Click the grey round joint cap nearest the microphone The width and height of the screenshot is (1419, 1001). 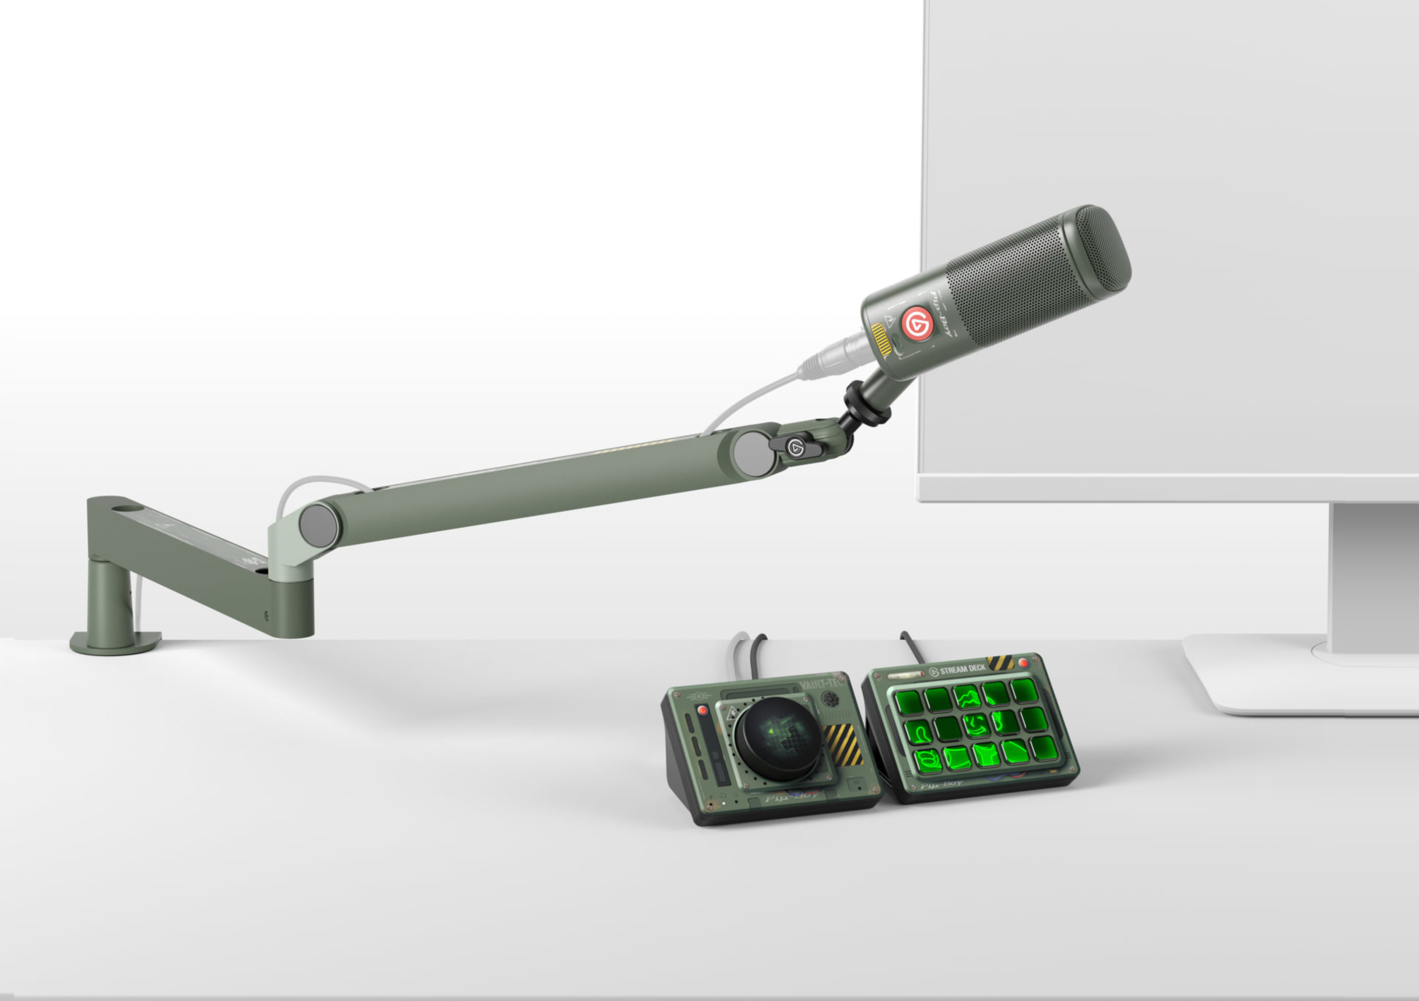[x=753, y=454]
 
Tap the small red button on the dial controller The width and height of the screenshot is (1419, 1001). [x=702, y=710]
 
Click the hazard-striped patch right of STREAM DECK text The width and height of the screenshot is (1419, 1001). [x=999, y=663]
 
